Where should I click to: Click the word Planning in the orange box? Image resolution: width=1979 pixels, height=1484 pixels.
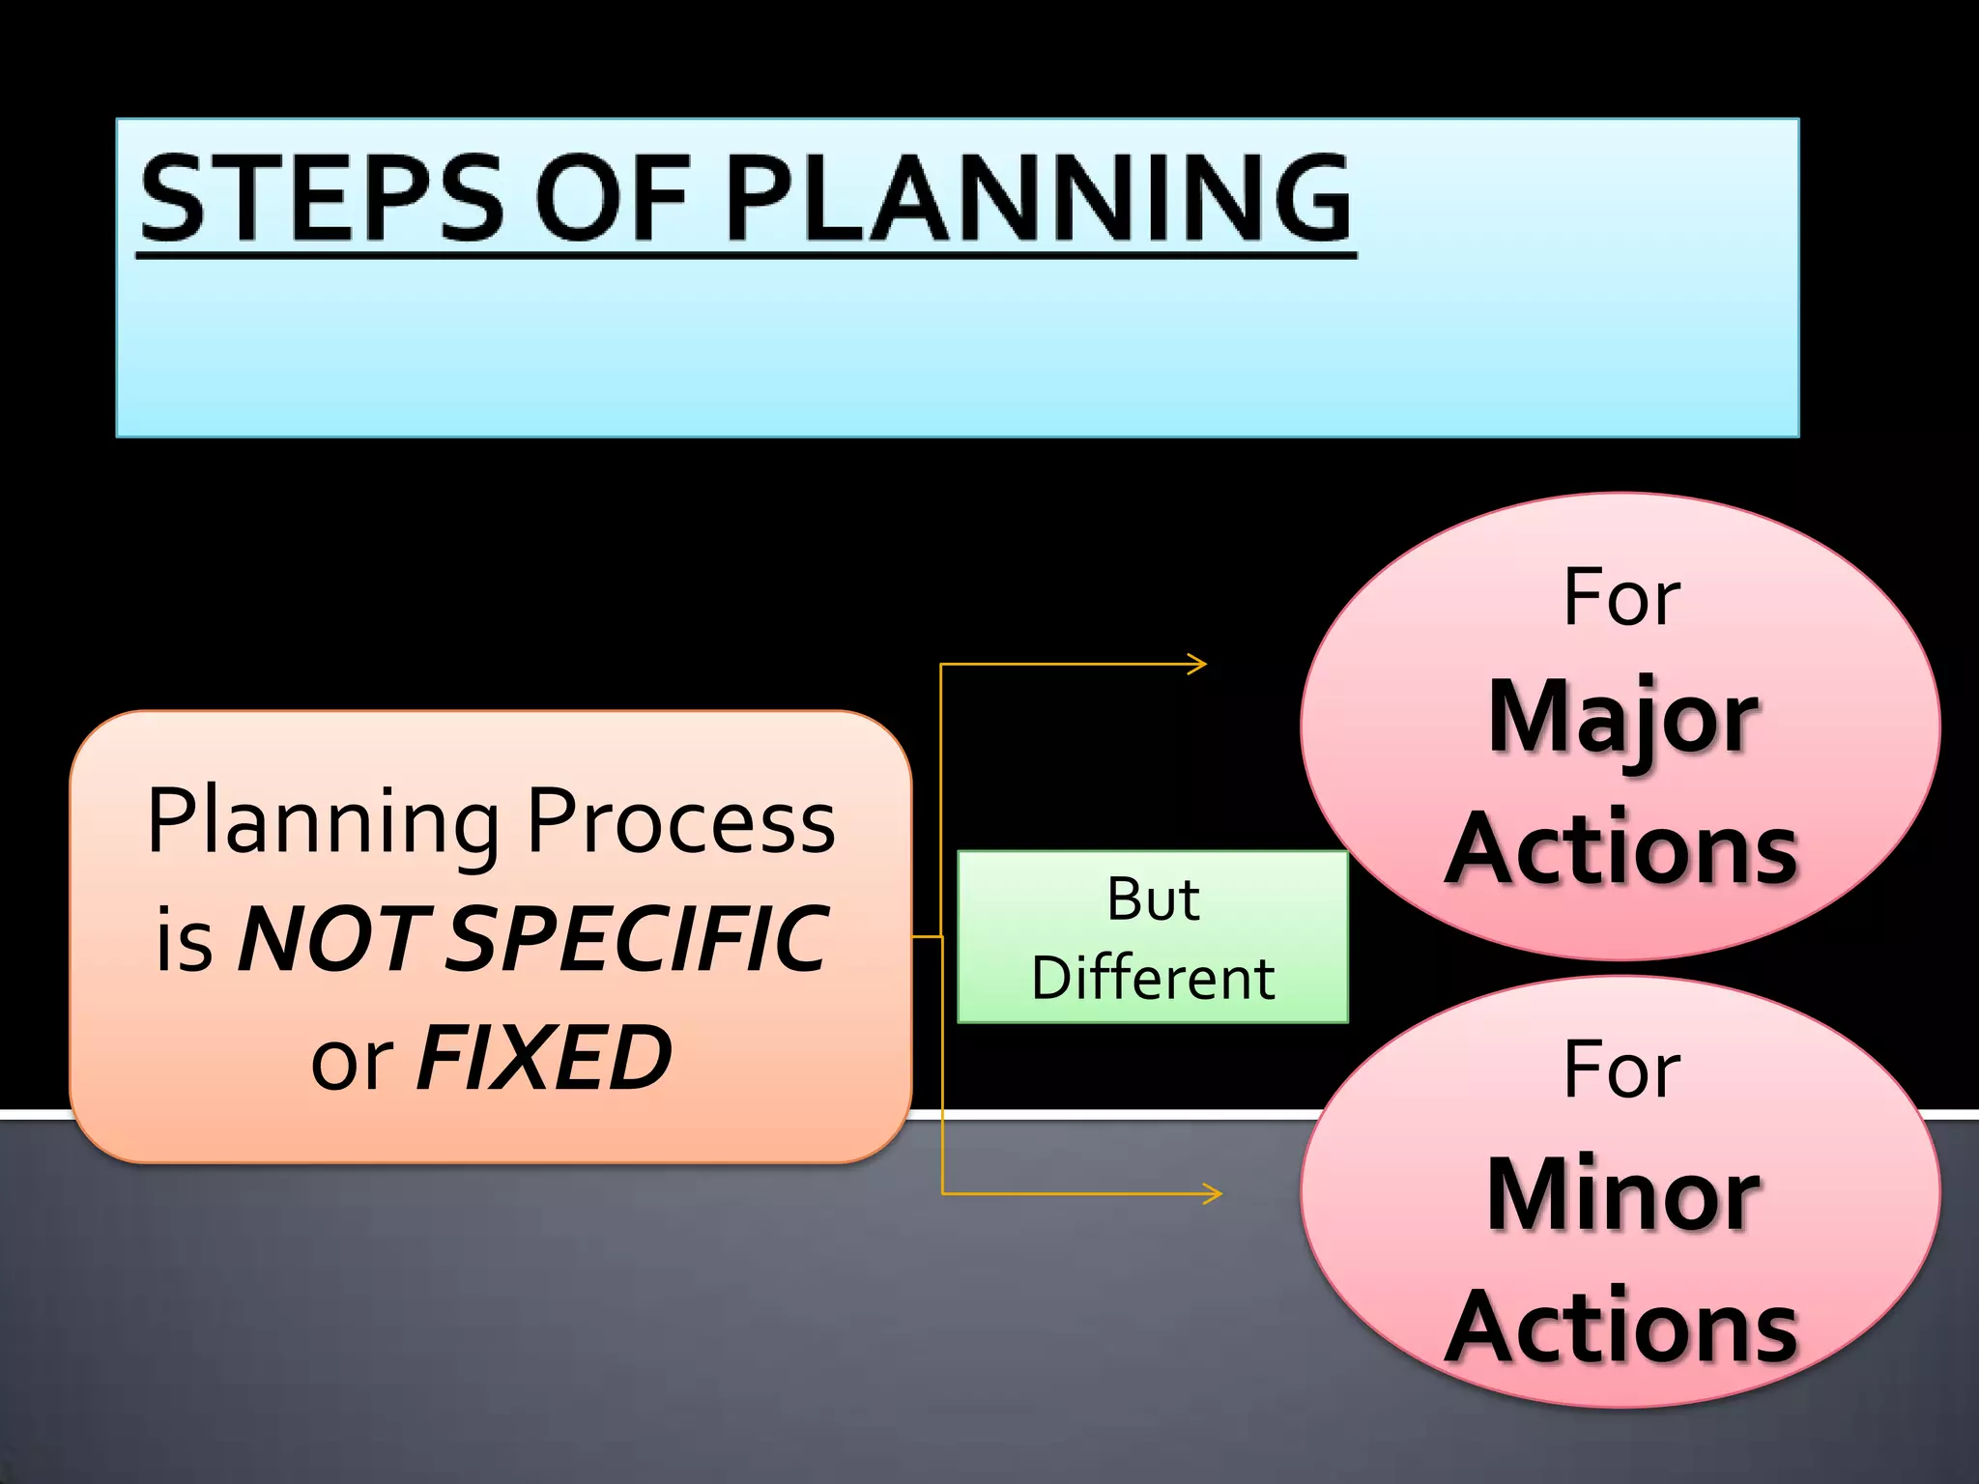(324, 823)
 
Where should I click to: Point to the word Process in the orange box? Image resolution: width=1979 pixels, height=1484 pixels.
(680, 823)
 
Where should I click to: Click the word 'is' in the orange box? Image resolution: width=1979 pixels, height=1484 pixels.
(184, 943)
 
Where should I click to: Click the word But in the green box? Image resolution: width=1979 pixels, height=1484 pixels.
(1153, 899)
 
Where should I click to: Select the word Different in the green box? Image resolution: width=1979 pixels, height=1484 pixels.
(1153, 978)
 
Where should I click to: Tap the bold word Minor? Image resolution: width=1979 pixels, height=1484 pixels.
(1622, 1195)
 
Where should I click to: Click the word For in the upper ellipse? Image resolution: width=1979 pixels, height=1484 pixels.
(1621, 598)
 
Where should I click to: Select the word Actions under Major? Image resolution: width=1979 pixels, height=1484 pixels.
(1622, 849)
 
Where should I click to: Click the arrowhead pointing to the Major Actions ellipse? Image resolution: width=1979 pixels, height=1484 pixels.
(1198, 664)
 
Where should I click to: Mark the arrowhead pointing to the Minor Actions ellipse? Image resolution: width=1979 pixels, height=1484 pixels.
(1214, 1193)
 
